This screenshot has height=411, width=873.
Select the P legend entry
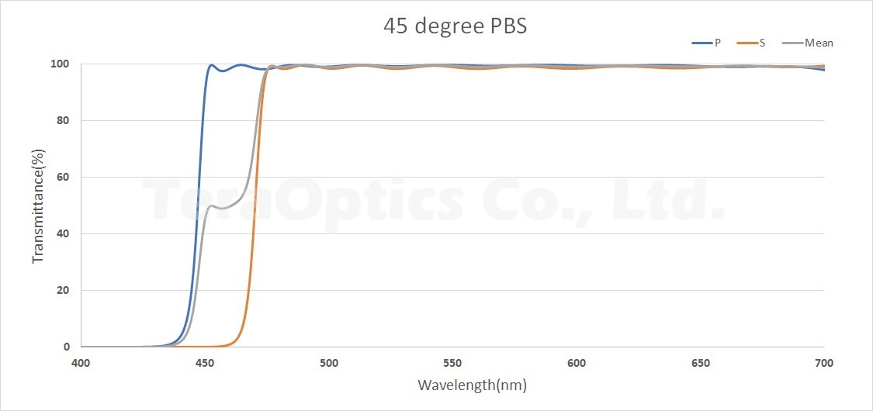click(x=717, y=43)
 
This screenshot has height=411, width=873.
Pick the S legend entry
click(x=762, y=43)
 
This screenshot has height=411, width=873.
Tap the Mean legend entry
click(x=819, y=43)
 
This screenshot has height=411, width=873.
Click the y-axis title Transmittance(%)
click(x=38, y=205)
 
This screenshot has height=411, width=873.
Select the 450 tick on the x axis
click(x=204, y=362)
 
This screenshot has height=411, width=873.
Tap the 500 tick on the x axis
click(x=328, y=362)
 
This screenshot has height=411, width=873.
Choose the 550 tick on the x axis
click(x=452, y=362)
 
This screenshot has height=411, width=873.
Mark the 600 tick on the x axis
click(x=576, y=362)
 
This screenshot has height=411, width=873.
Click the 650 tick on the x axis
click(x=700, y=362)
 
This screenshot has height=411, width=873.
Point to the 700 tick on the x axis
click(x=824, y=362)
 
